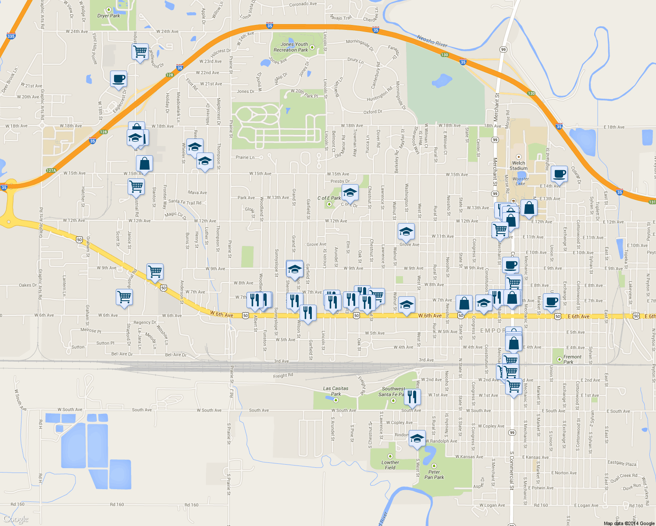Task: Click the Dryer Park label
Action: (108, 16)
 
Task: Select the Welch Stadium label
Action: (518, 166)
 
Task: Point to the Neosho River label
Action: (432, 41)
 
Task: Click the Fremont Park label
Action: (572, 359)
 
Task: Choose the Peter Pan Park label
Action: (434, 475)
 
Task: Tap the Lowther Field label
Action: (390, 465)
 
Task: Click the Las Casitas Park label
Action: (335, 391)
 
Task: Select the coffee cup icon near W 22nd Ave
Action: (118, 79)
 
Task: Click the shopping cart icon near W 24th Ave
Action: (140, 51)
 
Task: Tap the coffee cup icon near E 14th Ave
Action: (559, 174)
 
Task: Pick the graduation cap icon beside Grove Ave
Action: (406, 231)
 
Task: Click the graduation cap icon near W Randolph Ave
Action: (417, 438)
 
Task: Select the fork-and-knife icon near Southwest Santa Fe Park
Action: (412, 397)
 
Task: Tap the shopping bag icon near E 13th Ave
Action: (529, 208)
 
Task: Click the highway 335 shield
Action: (11, 36)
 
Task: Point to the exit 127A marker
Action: (51, 171)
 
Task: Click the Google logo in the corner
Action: (16, 519)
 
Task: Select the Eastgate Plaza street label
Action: (622, 463)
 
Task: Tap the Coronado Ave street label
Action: (303, 4)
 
